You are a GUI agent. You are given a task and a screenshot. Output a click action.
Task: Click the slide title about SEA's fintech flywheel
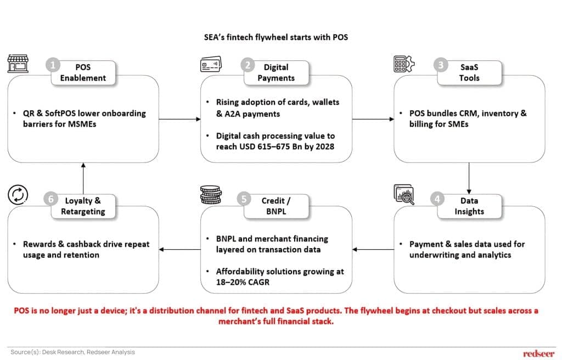280,38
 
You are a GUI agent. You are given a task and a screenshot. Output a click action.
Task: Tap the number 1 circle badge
53,65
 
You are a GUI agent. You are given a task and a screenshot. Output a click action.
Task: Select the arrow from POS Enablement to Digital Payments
179,119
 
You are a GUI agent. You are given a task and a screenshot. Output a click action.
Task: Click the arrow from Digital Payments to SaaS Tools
373,119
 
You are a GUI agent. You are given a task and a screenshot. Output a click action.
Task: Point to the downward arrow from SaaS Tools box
469,177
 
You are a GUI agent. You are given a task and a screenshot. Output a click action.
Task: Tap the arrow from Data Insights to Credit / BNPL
373,250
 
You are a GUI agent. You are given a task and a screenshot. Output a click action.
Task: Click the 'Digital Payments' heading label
276,72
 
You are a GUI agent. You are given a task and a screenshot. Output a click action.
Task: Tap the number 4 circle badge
437,199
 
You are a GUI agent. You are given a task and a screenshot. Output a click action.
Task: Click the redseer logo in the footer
538,353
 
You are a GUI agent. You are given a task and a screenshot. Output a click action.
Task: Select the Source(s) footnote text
72,352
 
